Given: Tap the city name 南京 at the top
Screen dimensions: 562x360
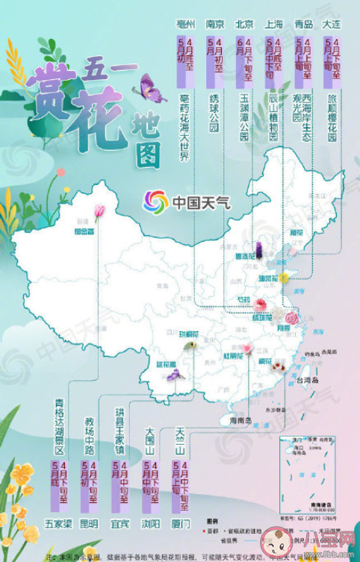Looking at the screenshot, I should click(x=214, y=25).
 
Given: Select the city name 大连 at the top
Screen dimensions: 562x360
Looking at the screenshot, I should click(x=332, y=25).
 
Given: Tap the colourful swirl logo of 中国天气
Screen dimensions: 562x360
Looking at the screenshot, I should click(x=156, y=201).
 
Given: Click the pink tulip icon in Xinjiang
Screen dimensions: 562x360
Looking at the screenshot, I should click(x=99, y=212).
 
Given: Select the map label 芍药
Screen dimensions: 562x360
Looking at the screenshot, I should click(x=243, y=299).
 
